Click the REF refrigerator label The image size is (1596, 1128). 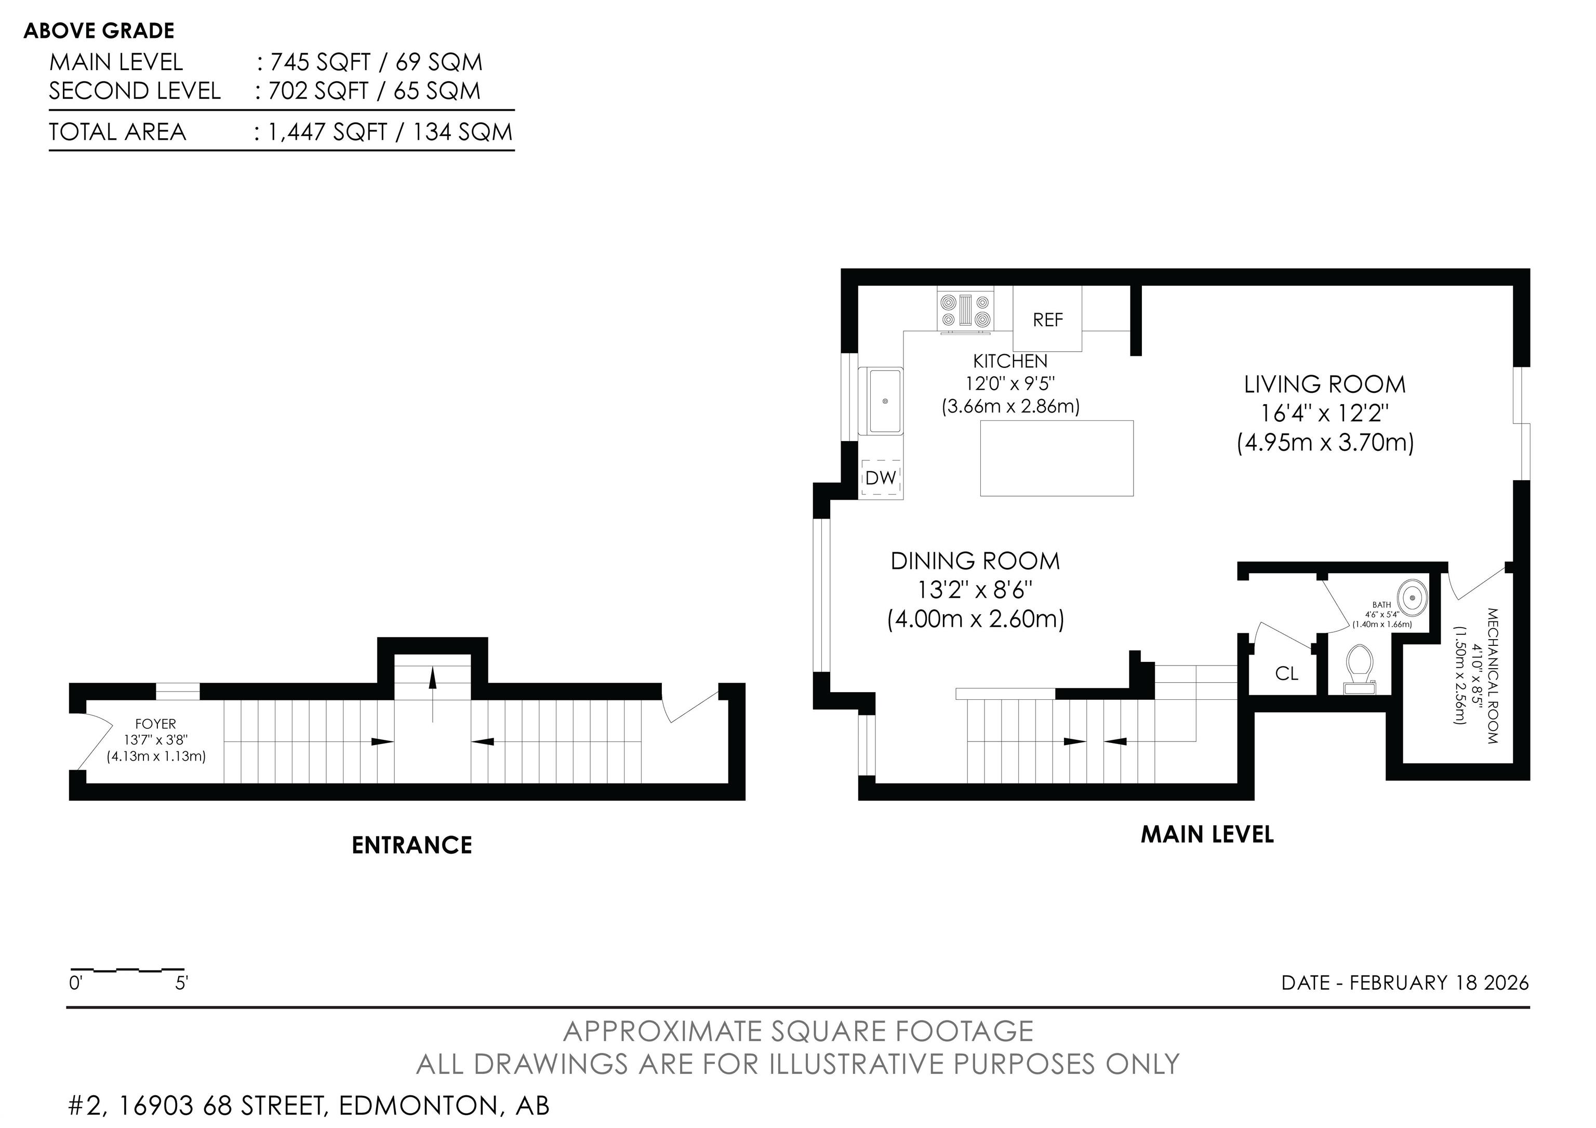[1047, 320]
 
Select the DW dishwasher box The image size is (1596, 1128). [881, 478]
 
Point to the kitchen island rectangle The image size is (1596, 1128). [1057, 458]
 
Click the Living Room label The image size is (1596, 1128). [1324, 384]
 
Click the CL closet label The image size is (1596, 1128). [1287, 673]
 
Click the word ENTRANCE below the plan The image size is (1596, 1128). [411, 845]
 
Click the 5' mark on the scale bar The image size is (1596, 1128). [181, 984]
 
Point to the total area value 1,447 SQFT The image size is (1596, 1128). [327, 132]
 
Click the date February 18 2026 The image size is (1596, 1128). [1439, 983]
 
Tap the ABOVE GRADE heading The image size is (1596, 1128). [99, 31]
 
